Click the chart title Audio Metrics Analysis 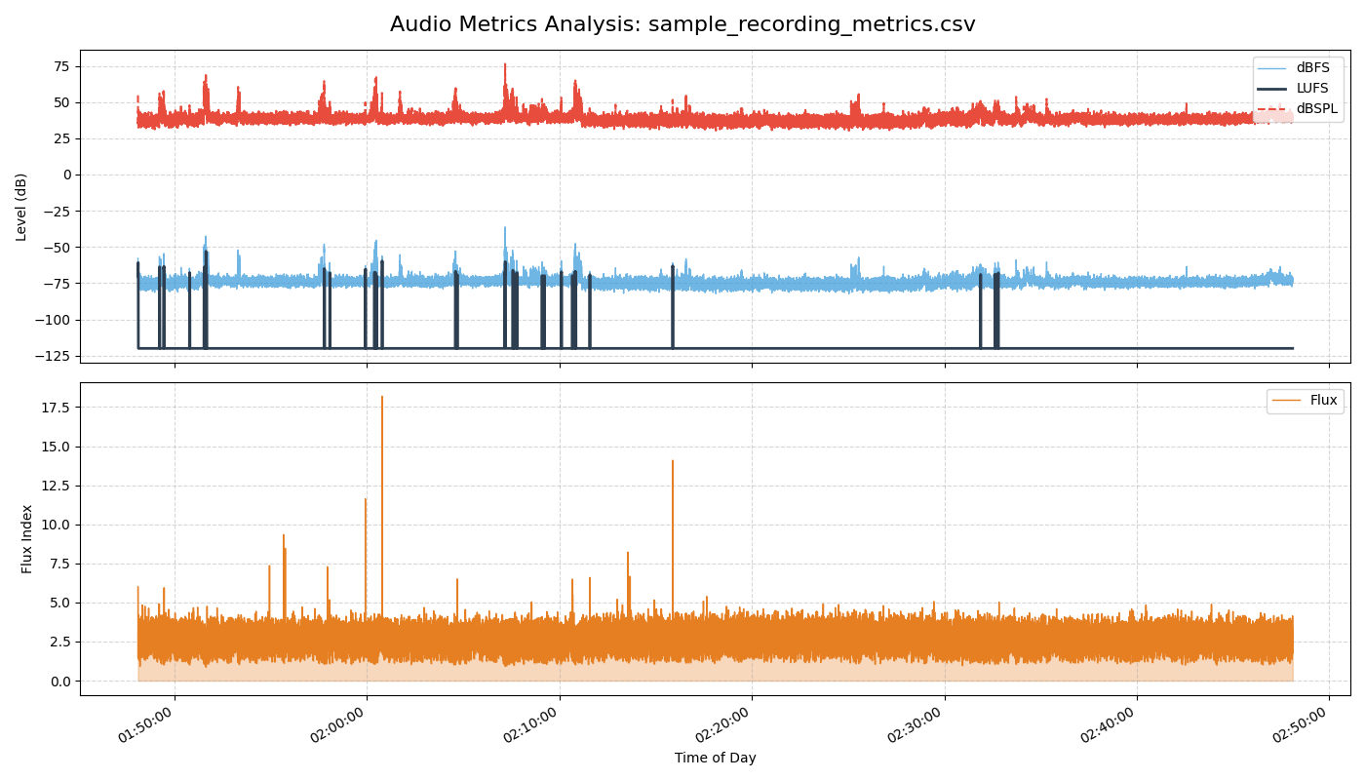[682, 24]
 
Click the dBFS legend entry [1312, 67]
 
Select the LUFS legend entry [1312, 88]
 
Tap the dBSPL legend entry [1316, 108]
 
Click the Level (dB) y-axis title [21, 207]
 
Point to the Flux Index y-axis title [27, 538]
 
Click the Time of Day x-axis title [715, 758]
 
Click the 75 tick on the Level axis [60, 66]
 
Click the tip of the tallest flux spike [382, 397]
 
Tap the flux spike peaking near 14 [672, 461]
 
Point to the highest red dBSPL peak [505, 64]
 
